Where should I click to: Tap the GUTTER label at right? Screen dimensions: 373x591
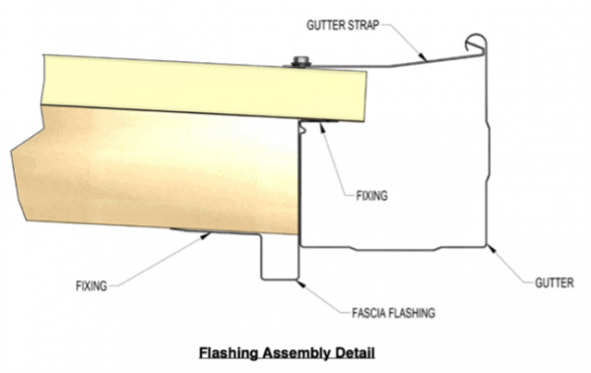pos(554,282)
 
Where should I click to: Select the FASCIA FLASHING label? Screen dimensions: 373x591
pos(393,314)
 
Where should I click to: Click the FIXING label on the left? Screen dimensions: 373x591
pos(92,286)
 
